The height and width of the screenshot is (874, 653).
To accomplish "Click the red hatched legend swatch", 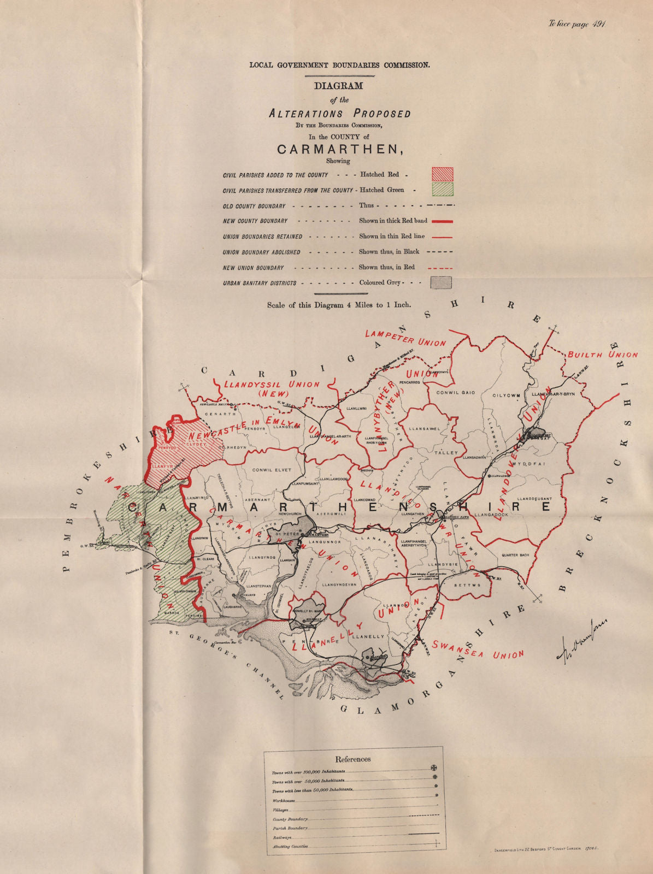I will [442, 174].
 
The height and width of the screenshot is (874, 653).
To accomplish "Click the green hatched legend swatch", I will [442, 190].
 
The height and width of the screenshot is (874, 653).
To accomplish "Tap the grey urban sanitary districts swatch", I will [442, 282].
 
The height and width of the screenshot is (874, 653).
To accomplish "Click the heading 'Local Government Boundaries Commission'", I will [339, 64].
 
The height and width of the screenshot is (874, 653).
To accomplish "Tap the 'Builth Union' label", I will [602, 354].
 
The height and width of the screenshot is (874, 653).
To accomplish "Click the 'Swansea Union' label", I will [478, 649].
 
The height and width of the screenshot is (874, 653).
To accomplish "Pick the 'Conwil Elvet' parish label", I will [272, 470].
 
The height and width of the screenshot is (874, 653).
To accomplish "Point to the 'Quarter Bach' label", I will [515, 555].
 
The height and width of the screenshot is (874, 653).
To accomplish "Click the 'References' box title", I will [352, 759].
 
